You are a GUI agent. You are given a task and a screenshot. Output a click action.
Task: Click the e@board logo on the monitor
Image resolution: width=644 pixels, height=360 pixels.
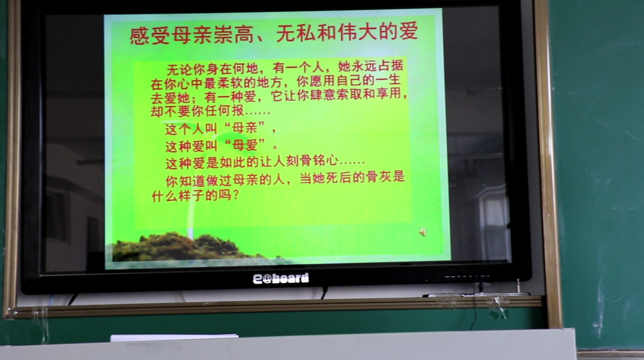(281, 278)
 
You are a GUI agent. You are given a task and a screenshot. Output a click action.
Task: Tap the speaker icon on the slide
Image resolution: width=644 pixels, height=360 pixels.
(422, 231)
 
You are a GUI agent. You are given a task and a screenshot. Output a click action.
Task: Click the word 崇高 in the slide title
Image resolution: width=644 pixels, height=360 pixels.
(233, 34)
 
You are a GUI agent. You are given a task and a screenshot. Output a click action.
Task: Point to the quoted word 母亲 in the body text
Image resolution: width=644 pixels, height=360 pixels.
(245, 128)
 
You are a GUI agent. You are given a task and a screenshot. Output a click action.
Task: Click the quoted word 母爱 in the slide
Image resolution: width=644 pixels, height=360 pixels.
(245, 145)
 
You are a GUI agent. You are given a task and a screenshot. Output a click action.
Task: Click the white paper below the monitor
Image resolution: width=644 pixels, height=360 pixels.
(174, 337)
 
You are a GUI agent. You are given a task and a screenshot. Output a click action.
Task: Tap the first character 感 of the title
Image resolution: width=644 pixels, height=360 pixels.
(140, 36)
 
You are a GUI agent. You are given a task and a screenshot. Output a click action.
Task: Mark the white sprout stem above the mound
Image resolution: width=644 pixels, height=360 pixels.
(191, 212)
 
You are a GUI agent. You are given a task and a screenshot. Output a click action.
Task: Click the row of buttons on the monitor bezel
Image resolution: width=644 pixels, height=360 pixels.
(467, 277)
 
